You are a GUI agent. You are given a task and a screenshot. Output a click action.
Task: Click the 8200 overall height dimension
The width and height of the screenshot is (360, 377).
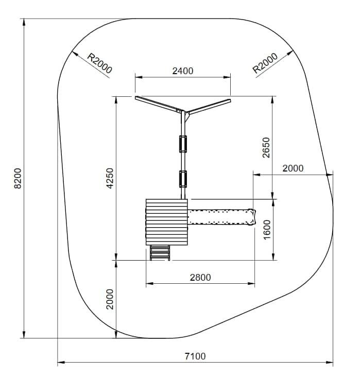coord(18,178)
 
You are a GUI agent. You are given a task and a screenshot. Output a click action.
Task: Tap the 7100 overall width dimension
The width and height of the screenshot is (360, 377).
coord(195,356)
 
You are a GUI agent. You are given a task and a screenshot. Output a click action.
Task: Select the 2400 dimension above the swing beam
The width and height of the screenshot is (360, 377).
coord(183,71)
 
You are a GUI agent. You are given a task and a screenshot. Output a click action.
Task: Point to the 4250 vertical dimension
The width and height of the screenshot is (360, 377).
coord(110,178)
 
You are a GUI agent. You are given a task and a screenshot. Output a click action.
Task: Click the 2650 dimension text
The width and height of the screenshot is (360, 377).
coord(266,147)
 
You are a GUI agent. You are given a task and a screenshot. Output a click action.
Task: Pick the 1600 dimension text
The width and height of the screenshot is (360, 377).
coord(267,230)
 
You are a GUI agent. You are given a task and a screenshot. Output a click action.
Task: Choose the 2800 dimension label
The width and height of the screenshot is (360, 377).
coord(200,277)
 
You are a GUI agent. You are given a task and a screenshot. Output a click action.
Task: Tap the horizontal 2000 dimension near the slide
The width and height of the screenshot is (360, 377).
coord(293,168)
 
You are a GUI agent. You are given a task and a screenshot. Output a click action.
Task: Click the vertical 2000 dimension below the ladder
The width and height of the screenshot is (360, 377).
coord(110,299)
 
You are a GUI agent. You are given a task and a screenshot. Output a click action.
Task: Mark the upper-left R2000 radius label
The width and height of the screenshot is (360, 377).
coord(99,63)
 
